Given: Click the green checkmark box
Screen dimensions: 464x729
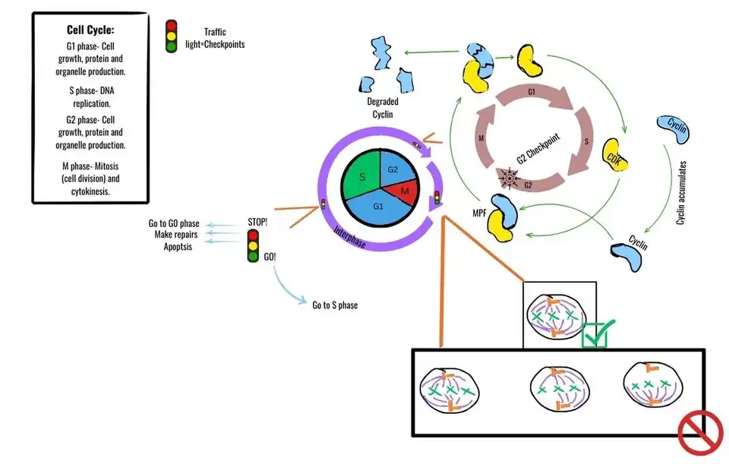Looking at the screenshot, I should click(x=594, y=335).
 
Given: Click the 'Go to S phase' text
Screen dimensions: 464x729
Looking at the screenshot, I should click(x=335, y=305).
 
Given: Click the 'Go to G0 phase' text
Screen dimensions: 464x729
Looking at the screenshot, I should click(x=174, y=223).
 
